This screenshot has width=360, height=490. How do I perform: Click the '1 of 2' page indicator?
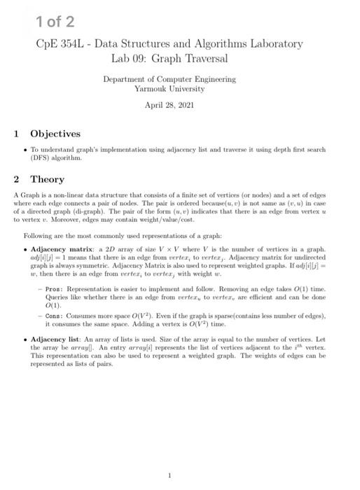coord(55,21)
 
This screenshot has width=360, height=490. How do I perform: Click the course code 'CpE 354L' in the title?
coord(60,44)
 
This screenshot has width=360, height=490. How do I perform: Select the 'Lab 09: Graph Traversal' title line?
coord(169,58)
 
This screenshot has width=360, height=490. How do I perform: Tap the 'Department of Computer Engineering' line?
coord(169,79)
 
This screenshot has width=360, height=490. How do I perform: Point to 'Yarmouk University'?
coord(169,89)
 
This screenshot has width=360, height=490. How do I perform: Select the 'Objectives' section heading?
coord(55,134)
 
